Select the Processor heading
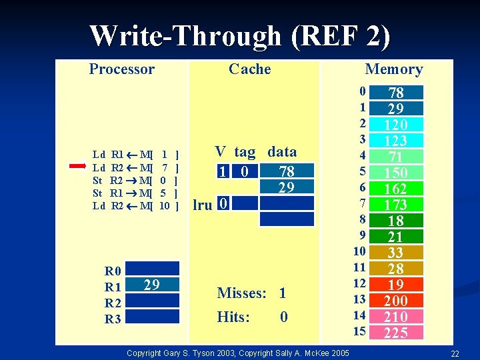pos(122,69)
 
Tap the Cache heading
pos(249,69)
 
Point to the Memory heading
pos(393,69)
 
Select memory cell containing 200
pos(396,301)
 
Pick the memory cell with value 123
pos(396,141)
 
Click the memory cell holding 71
pos(396,157)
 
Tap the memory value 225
pos(396,333)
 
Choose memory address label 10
pos(359,251)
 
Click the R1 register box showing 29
pos(152,285)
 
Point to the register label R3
pos(113,319)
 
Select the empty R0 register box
pos(152,269)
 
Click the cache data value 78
pos(287,172)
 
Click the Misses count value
pos(283,293)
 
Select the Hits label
pos(233,317)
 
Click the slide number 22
pos(455,353)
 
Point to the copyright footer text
pos(237,352)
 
